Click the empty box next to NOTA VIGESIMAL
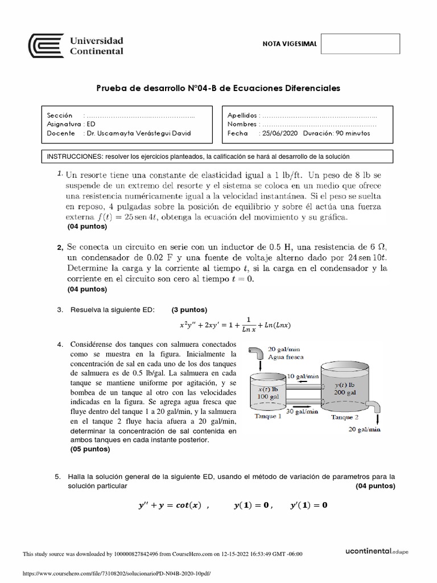[x=360, y=44]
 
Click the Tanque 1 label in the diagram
[x=267, y=416]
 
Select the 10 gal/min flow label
[x=303, y=376]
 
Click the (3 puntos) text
[x=189, y=310]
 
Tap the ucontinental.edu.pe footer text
[x=377, y=551]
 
